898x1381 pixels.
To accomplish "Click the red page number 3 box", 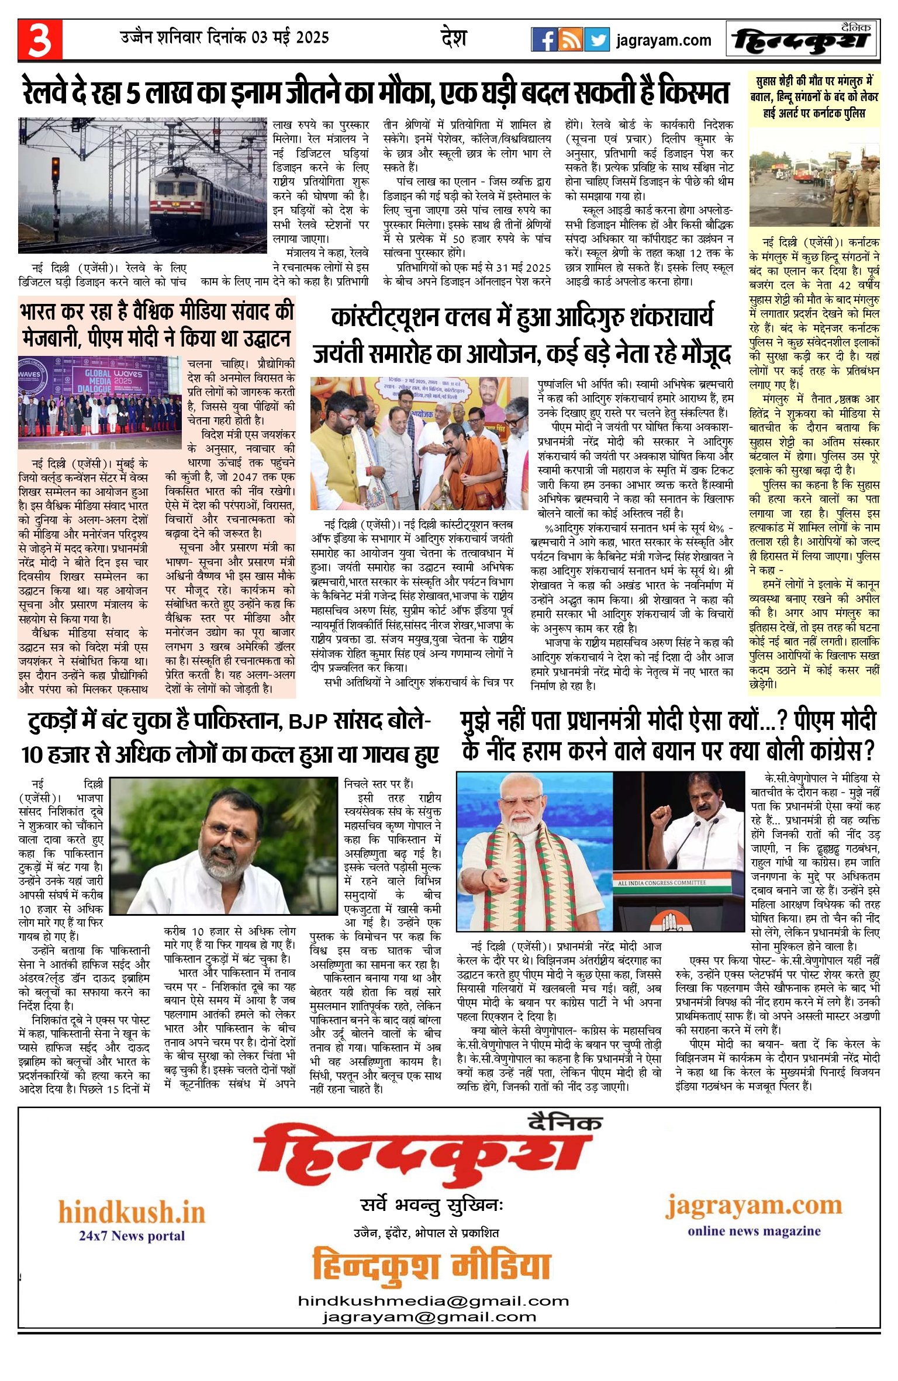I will pyautogui.click(x=40, y=40).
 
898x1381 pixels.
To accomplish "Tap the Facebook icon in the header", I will pyautogui.click(x=544, y=40).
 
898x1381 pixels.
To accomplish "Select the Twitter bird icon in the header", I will pyautogui.click(x=596, y=40).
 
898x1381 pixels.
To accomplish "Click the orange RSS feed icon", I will pyautogui.click(x=570, y=40).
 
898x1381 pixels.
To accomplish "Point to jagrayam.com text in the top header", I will pyautogui.click(x=664, y=40).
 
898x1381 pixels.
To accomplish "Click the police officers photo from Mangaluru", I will pyautogui.click(x=814, y=178).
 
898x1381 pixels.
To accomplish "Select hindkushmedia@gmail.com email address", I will pyautogui.click(x=433, y=1301).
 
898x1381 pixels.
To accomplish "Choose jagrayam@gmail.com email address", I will pyautogui.click(x=429, y=1317).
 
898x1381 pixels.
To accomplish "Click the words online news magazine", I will pyautogui.click(x=754, y=1231).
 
